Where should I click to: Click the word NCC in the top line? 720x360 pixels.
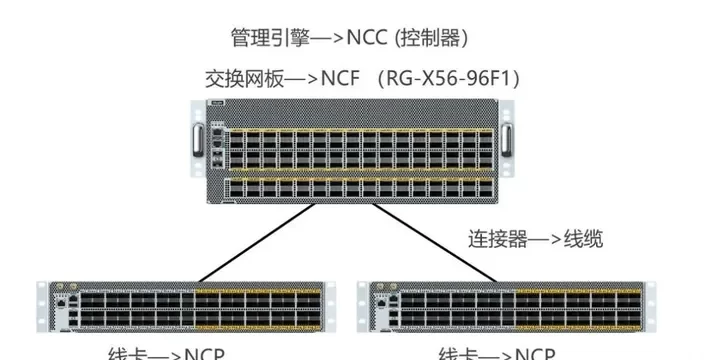[x=367, y=39]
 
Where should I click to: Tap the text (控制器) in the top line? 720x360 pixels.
[x=432, y=39]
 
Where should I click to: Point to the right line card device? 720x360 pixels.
[x=519, y=310]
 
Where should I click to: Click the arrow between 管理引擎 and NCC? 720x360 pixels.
[x=323, y=39]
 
